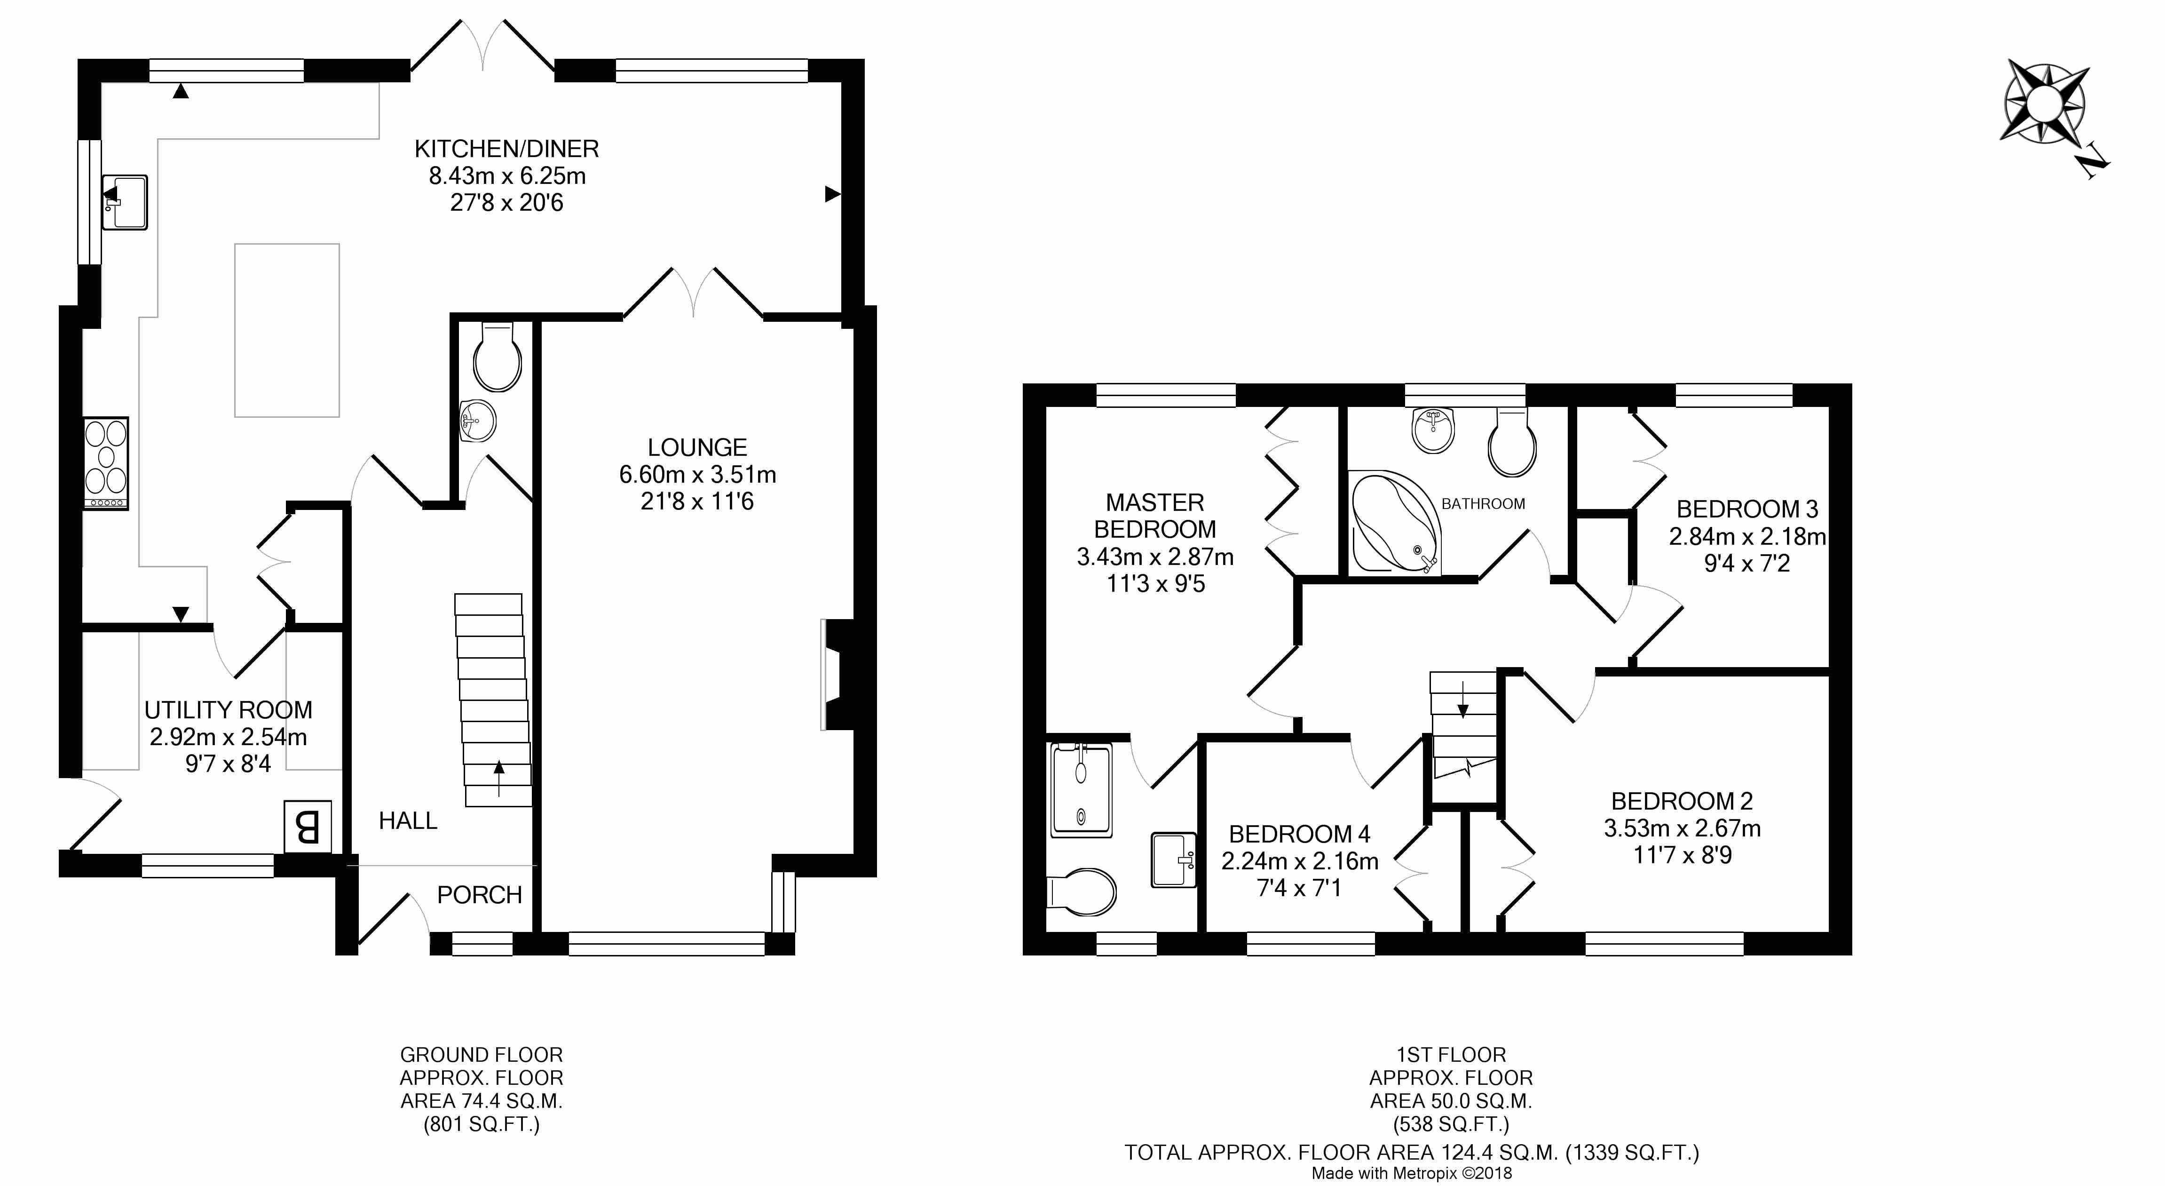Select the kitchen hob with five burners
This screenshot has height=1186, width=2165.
click(106, 462)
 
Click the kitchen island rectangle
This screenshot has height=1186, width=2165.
click(287, 330)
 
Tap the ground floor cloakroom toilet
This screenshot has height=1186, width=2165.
click(498, 357)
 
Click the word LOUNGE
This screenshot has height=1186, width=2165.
click(697, 447)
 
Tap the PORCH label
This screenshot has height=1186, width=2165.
click(480, 895)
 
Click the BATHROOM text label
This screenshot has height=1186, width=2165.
click(1484, 503)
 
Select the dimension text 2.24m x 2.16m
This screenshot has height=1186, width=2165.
click(1300, 861)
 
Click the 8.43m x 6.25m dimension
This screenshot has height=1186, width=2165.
click(508, 175)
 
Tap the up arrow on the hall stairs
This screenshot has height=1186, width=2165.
click(499, 778)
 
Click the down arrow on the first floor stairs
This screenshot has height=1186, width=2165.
click(1463, 700)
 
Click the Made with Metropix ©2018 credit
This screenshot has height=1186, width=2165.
click(1412, 1172)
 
